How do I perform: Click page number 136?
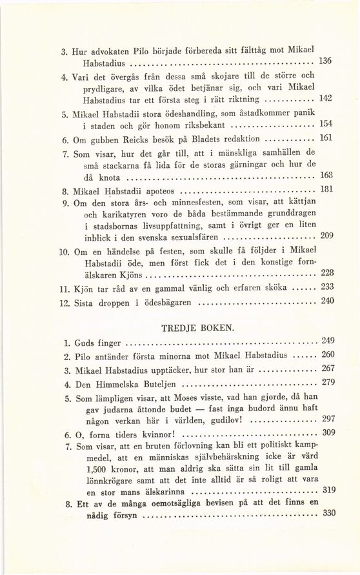pyautogui.click(x=326, y=61)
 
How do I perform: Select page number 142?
pyautogui.click(x=326, y=98)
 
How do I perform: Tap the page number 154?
pyautogui.click(x=326, y=123)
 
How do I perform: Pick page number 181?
pyautogui.click(x=326, y=189)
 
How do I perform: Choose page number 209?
pyautogui.click(x=326, y=236)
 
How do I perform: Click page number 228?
pyautogui.click(x=326, y=272)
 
